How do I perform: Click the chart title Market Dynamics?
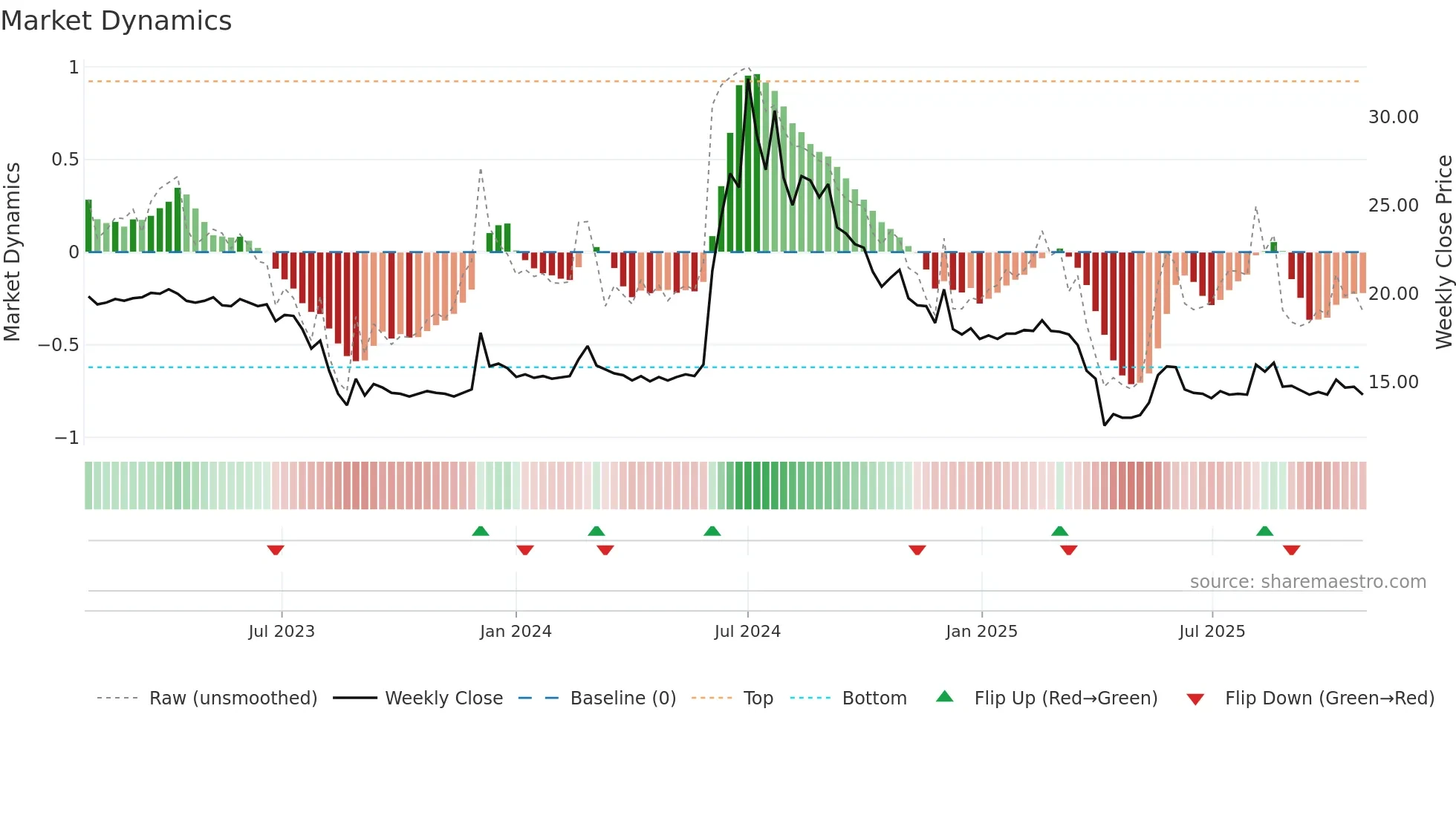tap(117, 21)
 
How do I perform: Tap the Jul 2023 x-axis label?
tap(282, 632)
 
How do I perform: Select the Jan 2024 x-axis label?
tap(516, 632)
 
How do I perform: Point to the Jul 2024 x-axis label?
tap(747, 632)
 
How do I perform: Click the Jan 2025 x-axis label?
tap(981, 632)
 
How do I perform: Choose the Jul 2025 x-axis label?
tap(1212, 632)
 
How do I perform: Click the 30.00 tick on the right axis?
tap(1393, 117)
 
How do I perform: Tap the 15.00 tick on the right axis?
tap(1393, 382)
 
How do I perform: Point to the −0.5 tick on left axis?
tap(59, 345)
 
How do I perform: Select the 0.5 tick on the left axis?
tap(65, 160)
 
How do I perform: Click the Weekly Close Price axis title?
tap(1443, 252)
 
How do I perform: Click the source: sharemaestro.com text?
tap(1307, 582)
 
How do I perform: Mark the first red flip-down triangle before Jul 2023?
tap(276, 550)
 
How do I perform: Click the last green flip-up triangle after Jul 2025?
tap(1264, 531)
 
